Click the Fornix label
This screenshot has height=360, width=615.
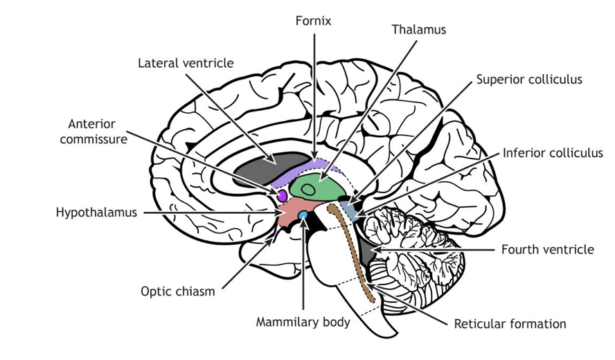coord(314,21)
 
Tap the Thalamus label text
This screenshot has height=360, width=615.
coord(418,30)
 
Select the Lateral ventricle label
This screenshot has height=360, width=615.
coord(186,63)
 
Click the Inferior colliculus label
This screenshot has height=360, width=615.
coord(553,153)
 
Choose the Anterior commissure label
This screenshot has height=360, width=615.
coord(98,132)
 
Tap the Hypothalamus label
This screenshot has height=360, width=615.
coord(96,213)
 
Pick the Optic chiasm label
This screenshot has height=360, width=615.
coord(177,291)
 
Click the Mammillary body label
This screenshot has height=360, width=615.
coord(303,322)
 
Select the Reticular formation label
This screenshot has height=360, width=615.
coord(510,323)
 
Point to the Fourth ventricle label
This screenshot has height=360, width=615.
coord(547,249)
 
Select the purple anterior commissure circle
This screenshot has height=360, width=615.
coord(282,197)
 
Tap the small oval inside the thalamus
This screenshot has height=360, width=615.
coord(308,188)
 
